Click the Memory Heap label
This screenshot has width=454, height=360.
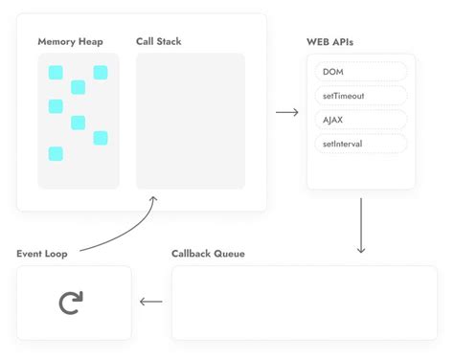pos(70,42)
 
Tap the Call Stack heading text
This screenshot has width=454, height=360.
pos(158,42)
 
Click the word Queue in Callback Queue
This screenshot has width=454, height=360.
pos(229,254)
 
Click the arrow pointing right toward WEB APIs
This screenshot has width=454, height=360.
pos(286,113)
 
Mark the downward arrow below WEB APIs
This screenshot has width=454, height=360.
pos(360,226)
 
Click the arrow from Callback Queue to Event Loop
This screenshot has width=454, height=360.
pos(150,303)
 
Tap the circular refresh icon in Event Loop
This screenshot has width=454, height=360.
pos(71,303)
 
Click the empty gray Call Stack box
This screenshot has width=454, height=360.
pos(190,121)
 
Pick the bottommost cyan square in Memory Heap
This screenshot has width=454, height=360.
pos(56,154)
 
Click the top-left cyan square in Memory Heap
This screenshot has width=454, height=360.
pos(56,72)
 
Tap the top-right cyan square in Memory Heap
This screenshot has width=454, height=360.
pos(100,72)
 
